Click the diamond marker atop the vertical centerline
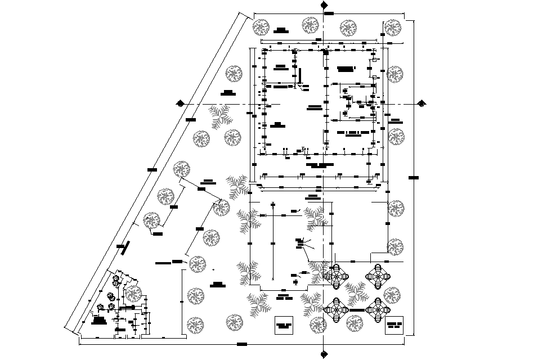(x=324, y=6)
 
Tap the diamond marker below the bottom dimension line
(x=324, y=354)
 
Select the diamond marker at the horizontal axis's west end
(x=181, y=103)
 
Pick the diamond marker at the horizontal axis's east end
(x=421, y=103)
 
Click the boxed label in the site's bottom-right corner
(x=394, y=325)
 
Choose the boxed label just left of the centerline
(x=284, y=325)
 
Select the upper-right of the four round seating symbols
(x=377, y=276)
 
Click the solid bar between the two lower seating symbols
(x=357, y=309)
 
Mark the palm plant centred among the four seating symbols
(x=356, y=293)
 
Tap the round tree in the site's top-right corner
(x=393, y=28)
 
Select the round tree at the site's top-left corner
(x=260, y=26)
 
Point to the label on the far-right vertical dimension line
(x=414, y=178)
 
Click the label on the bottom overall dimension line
(x=242, y=343)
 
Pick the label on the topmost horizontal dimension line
(x=329, y=12)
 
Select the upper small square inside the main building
(x=373, y=60)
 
